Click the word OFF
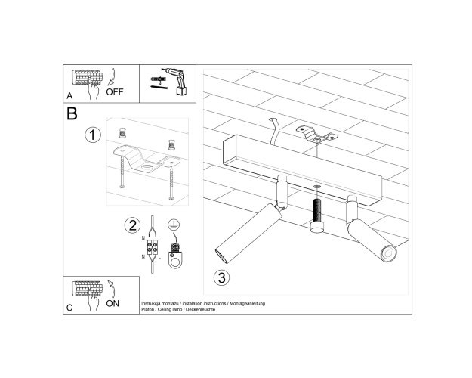click(114, 91)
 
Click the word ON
click(113, 304)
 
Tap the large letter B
click(72, 113)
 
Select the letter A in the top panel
click(69, 96)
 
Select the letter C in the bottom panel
click(69, 308)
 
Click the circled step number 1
click(93, 135)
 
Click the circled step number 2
click(132, 225)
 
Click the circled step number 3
click(221, 277)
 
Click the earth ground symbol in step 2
click(174, 224)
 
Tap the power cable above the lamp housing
click(275, 131)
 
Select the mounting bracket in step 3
click(316, 135)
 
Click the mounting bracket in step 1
click(147, 160)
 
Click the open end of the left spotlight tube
click(221, 256)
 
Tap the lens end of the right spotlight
click(389, 253)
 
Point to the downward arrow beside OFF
click(111, 76)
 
